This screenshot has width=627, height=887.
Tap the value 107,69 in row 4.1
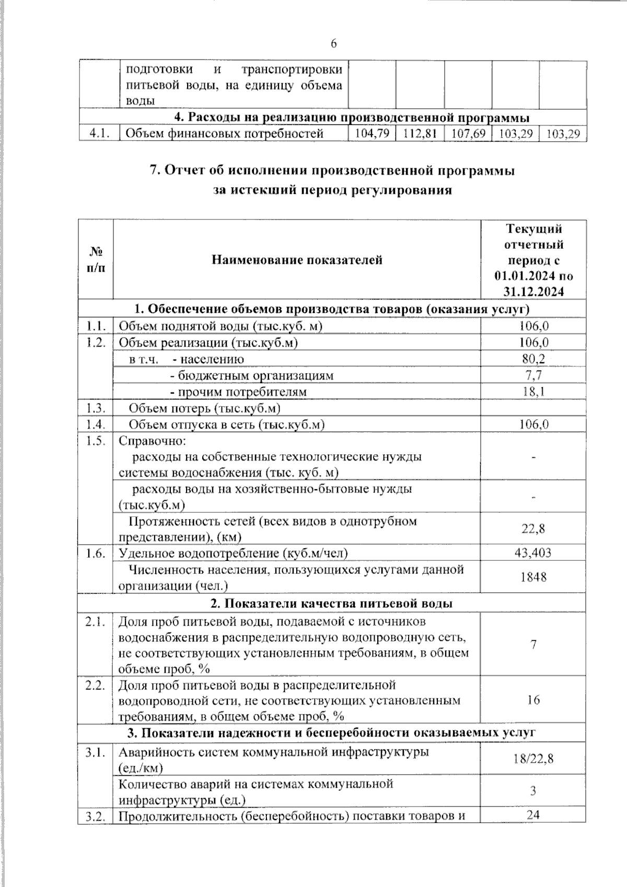[x=468, y=134]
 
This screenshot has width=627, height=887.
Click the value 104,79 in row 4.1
[x=371, y=134]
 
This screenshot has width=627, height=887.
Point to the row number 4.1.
[x=99, y=134]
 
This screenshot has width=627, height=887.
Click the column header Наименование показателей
[x=296, y=260]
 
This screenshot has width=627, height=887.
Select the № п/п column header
[x=95, y=260]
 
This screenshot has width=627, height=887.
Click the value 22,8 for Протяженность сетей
[x=533, y=528]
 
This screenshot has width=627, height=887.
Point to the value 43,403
[x=533, y=553]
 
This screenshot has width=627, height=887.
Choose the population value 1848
[x=533, y=577]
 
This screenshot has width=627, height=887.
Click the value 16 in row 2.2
[x=533, y=700]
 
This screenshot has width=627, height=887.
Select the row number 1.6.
[x=96, y=553]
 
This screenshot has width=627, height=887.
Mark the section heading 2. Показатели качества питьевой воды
[x=331, y=603]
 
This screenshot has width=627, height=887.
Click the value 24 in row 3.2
[x=533, y=814]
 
